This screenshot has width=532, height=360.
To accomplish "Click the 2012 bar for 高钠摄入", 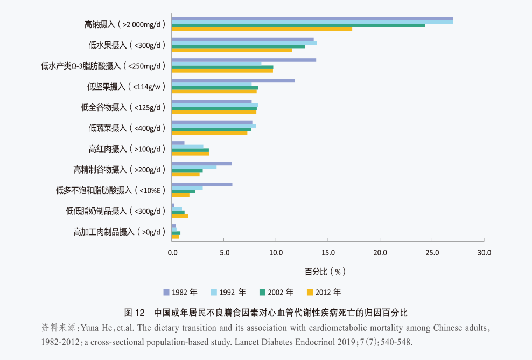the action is pos(262,29).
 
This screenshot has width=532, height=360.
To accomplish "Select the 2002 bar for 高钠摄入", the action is pos(298,26).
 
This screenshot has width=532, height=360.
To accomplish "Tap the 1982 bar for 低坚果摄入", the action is pos(234,81).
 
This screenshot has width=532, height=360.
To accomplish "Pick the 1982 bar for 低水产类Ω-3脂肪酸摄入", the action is pos(244,60).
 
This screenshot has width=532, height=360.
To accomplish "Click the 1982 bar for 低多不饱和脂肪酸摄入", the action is pos(202,184).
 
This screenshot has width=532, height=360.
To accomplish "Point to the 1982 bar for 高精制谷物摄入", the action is pos(202,164).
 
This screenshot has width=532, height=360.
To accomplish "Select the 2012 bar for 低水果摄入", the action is pos(232,50).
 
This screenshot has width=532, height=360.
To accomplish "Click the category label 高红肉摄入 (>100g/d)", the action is pos(127,149).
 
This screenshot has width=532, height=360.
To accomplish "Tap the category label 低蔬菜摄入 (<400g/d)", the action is pos(127,128).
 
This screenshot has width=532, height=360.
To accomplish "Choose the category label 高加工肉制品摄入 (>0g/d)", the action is pos(120,232).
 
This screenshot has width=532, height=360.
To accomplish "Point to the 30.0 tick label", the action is pos(484,253).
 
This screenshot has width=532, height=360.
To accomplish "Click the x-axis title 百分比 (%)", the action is pos(325,272).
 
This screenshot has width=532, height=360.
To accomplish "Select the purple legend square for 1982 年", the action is pos(166,293).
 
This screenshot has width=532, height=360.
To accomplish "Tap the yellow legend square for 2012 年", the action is pos(310,293).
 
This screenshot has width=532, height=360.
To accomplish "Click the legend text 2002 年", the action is pos(281,293).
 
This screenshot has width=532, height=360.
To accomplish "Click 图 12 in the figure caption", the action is pos(135,313).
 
